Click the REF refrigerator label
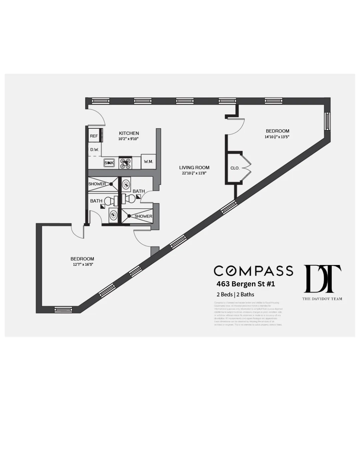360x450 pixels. [x=94, y=136]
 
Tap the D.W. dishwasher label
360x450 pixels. [x=95, y=150]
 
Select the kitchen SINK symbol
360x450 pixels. [x=109, y=163]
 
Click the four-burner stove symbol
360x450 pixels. [x=125, y=163]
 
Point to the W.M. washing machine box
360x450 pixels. [x=148, y=162]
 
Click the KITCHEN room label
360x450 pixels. [x=129, y=133]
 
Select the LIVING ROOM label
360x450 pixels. [x=194, y=168]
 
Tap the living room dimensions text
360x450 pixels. [x=194, y=173]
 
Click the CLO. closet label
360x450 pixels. [x=235, y=168]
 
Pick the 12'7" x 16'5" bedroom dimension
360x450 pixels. [x=83, y=264]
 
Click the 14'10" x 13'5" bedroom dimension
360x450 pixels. [x=277, y=137]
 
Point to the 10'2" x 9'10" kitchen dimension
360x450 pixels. [x=128, y=139]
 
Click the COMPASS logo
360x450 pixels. [x=253, y=271]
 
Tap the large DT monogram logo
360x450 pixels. [x=322, y=279]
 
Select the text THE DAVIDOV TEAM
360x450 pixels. [x=322, y=299]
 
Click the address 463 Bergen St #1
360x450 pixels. [x=246, y=284]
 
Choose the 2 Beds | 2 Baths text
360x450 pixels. [x=235, y=294]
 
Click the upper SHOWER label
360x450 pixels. [x=97, y=184]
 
